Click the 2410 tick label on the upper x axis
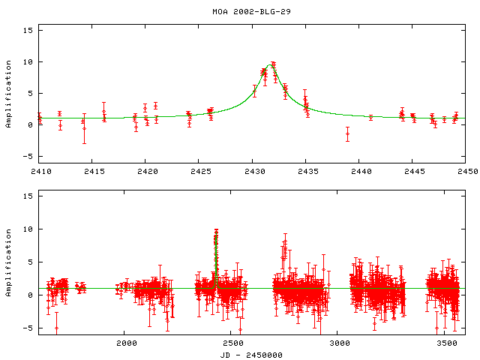[40, 172]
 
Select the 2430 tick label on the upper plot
[253, 172]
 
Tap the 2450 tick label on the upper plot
[467, 172]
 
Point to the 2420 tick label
[147, 172]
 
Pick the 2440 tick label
[361, 172]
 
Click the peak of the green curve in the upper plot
[271, 64]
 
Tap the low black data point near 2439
[347, 133]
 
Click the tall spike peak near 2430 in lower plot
[216, 231]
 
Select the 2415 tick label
[93, 172]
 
